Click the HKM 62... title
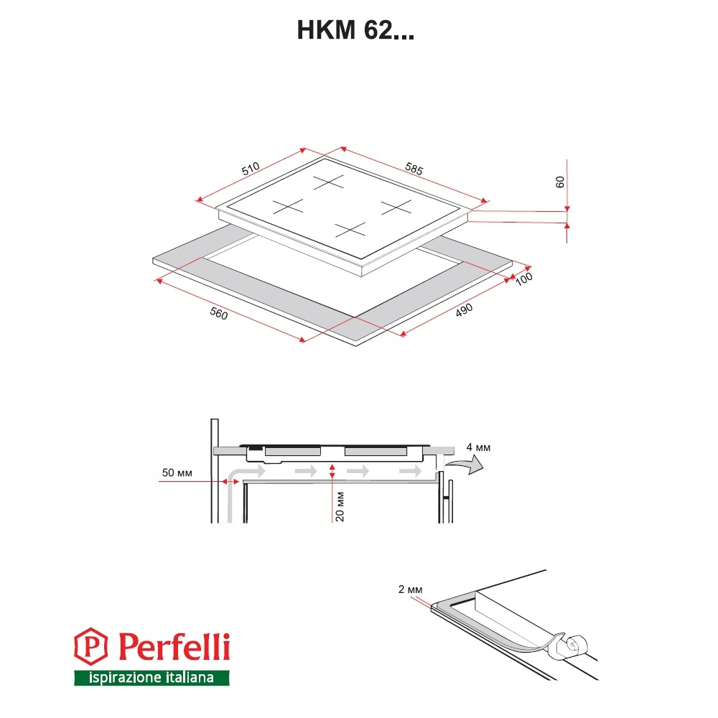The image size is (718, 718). pyautogui.click(x=355, y=30)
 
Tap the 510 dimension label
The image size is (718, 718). pyautogui.click(x=251, y=169)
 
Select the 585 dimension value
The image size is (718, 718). pyautogui.click(x=414, y=169)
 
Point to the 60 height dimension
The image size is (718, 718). pyautogui.click(x=559, y=182)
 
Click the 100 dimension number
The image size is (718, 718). pyautogui.click(x=524, y=279)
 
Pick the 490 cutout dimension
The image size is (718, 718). pyautogui.click(x=464, y=310)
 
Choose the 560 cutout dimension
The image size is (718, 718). pyautogui.click(x=218, y=313)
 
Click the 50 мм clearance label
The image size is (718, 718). pyautogui.click(x=177, y=472)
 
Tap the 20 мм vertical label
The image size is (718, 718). pyautogui.click(x=340, y=507)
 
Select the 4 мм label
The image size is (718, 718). pyautogui.click(x=478, y=447)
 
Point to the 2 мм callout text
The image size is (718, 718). pyautogui.click(x=410, y=589)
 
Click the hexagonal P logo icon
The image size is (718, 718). pyautogui.click(x=91, y=646)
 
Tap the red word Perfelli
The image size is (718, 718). pyautogui.click(x=174, y=646)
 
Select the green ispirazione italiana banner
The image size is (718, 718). pyautogui.click(x=151, y=678)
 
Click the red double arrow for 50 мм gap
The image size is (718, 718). pyautogui.click(x=230, y=481)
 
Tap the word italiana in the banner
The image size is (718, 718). pyautogui.click(x=190, y=677)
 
